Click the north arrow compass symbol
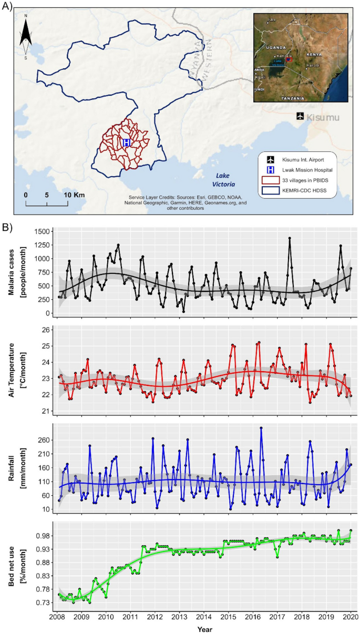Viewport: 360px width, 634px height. tap(26, 37)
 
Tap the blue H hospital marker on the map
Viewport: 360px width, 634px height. tap(126, 142)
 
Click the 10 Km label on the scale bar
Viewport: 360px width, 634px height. tap(74, 195)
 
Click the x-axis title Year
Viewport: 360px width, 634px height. tap(204, 628)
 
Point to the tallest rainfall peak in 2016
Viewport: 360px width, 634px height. tap(261, 428)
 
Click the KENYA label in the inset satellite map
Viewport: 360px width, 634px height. tap(314, 55)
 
